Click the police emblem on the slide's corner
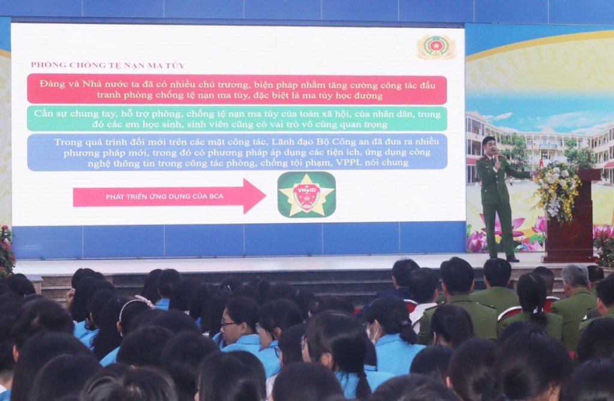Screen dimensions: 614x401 coord(436,47)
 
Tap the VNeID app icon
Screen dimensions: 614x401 coord(306,195)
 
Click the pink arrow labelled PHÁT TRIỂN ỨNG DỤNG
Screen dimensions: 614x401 coord(169,196)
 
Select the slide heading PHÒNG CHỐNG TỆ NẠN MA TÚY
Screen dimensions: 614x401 coord(108,65)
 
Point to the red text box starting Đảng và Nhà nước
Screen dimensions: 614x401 coord(237,90)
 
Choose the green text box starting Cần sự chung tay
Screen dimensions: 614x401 coord(237,119)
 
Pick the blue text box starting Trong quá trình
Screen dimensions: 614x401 coord(237,152)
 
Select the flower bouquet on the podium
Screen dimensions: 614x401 coord(556,190)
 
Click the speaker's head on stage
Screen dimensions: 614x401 coord(489,146)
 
